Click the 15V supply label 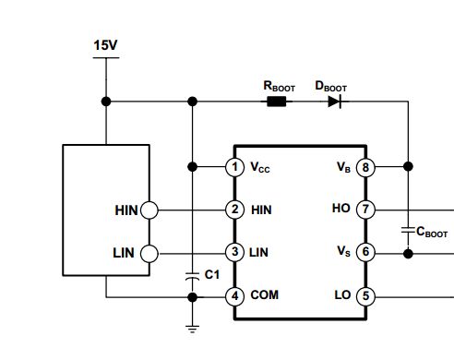click(x=106, y=45)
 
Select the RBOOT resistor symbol click(x=277, y=101)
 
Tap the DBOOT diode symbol click(x=334, y=101)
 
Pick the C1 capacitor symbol click(x=192, y=275)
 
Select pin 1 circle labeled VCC click(x=235, y=167)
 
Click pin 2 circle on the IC click(x=235, y=210)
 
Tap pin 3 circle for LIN click(x=235, y=252)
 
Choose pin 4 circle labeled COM click(x=235, y=296)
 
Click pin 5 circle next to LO click(x=366, y=296)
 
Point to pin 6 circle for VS click(x=366, y=252)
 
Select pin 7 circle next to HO click(x=366, y=210)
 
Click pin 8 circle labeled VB click(x=366, y=167)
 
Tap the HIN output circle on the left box click(x=149, y=210)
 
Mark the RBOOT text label click(x=280, y=84)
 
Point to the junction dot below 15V click(x=106, y=101)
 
